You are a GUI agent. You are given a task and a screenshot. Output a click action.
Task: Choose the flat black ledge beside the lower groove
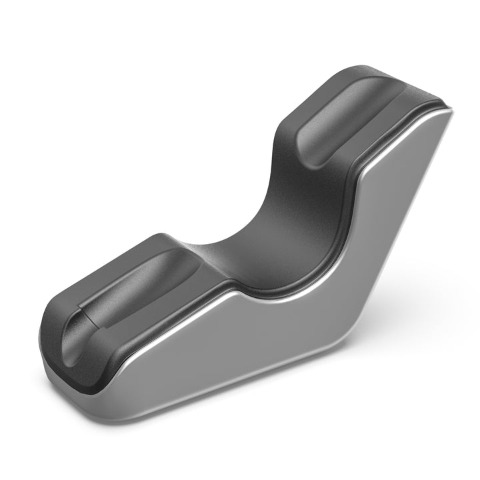[x=167, y=293]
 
